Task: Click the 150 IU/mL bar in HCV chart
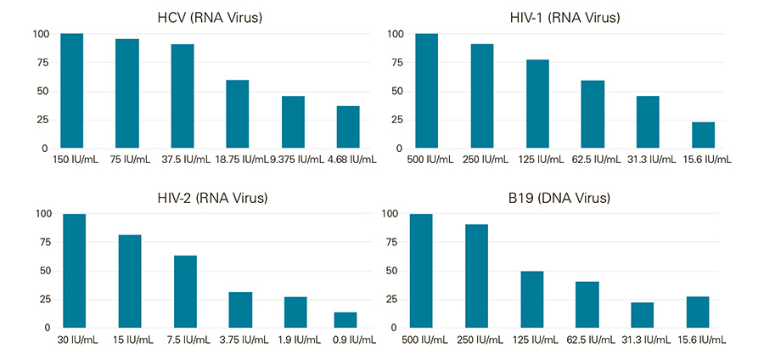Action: pos(72,91)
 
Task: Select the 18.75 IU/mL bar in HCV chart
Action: pos(238,114)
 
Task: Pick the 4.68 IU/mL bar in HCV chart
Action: pos(348,127)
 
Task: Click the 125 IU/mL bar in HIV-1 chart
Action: pos(538,104)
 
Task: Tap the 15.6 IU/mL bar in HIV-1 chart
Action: pos(704,135)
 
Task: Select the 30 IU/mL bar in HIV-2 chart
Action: pos(75,271)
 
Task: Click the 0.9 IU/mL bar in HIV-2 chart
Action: pos(345,320)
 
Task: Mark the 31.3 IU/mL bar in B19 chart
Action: pos(643,315)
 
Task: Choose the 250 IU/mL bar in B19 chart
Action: pos(476,276)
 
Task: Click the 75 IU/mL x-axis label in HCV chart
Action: pos(127,159)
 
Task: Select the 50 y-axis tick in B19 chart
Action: pos(393,271)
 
